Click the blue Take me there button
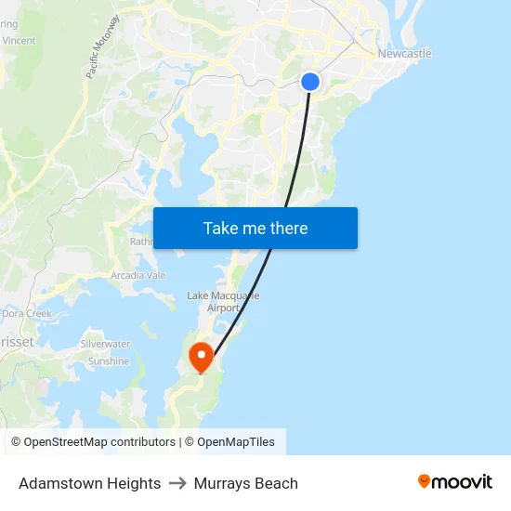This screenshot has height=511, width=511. pos(255,228)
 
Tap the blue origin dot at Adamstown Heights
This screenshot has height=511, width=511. pos(310,82)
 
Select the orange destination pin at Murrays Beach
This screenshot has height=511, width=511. pos(201,357)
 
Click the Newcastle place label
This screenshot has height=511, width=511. pos(404,53)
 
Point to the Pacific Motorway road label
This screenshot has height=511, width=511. pos(103,46)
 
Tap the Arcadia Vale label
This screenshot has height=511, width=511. pos(138,275)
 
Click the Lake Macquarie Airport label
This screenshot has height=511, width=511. pos(223,301)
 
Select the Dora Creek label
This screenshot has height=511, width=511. pos(26,313)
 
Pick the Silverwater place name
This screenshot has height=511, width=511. pos(105,344)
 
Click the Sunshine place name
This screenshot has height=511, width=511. pos(109,361)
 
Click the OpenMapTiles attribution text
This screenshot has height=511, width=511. pos(235,442)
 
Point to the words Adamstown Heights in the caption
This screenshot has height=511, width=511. pos(89,483)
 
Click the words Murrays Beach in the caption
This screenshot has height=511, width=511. pos(246,483)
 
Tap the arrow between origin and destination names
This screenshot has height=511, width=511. pos(177,483)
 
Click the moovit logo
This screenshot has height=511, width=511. pos(454,481)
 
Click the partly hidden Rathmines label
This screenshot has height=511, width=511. pos(141,242)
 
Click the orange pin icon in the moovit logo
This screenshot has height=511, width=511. pos(425,481)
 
